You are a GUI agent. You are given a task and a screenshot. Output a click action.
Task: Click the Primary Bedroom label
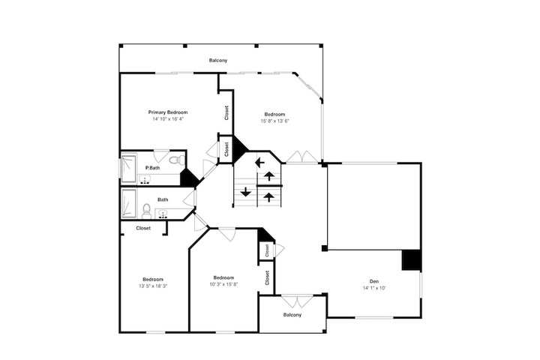[x=168, y=112]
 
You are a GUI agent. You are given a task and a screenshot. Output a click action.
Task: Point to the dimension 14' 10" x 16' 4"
[x=168, y=119]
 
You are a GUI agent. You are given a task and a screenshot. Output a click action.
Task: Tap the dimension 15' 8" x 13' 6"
[x=274, y=121]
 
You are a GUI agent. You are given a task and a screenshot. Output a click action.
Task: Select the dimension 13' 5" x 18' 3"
[x=153, y=286]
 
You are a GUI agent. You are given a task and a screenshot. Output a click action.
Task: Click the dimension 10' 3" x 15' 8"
[x=223, y=284]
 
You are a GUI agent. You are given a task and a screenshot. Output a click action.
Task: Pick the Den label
[x=374, y=281]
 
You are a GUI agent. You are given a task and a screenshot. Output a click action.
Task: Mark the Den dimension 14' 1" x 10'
[x=374, y=288]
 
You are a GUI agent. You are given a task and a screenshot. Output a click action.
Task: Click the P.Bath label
[x=152, y=168]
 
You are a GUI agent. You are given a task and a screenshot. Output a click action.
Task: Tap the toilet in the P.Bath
[x=177, y=160]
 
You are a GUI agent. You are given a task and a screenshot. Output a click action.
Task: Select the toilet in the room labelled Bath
[x=147, y=211]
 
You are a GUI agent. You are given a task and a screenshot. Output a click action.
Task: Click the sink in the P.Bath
[x=145, y=180]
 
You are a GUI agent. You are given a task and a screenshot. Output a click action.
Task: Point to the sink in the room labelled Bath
[x=163, y=214]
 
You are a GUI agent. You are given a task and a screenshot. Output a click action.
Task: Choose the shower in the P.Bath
[x=129, y=169]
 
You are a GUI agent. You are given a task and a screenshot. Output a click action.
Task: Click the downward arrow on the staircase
[x=245, y=192]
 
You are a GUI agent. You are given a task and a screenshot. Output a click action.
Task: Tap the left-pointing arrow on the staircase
[x=259, y=162]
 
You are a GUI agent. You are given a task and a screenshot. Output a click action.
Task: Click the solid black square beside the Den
[x=412, y=260]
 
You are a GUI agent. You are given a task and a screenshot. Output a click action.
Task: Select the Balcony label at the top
[x=218, y=60]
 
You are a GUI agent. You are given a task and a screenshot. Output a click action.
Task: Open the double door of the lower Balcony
[x=297, y=301]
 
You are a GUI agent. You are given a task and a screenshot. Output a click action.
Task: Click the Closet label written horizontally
[x=143, y=228]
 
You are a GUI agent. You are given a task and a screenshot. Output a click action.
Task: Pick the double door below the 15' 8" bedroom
[x=302, y=157]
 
